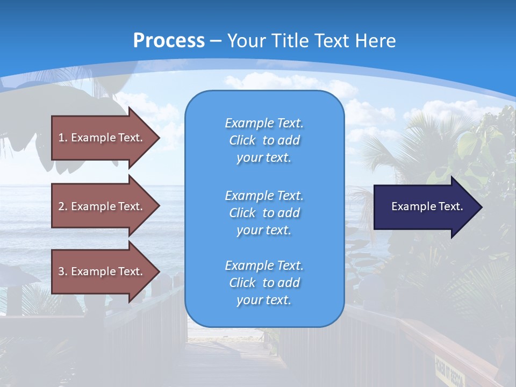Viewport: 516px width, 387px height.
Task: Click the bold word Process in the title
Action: coord(169,41)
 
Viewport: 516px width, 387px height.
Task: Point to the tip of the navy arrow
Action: coord(481,207)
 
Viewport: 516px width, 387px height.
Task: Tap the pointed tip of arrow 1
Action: coord(158,138)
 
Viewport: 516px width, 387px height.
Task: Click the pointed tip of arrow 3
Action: coord(158,271)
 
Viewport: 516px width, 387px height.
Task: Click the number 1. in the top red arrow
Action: coord(62,138)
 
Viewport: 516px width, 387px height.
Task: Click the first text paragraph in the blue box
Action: coord(264,140)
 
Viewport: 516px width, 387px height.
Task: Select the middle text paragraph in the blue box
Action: coord(264,213)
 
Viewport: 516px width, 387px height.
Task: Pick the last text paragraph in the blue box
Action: coord(264,283)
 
